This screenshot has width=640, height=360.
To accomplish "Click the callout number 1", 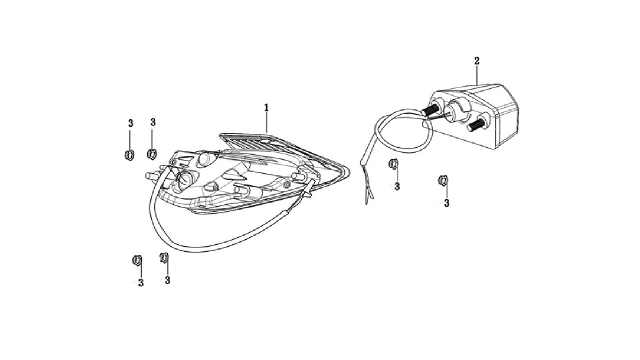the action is click(266, 108).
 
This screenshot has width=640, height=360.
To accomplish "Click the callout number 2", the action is click(477, 61).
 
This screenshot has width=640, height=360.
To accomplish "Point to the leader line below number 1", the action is click(266, 122).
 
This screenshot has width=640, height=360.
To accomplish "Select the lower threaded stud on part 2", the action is click(476, 125).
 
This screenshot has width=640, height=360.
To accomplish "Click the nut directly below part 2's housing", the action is click(443, 180).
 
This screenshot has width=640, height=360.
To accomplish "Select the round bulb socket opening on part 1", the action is click(184, 179).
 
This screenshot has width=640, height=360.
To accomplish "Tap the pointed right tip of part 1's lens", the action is click(349, 171).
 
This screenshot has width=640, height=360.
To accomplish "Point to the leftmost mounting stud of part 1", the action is click(153, 175).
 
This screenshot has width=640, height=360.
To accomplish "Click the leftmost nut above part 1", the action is click(130, 155).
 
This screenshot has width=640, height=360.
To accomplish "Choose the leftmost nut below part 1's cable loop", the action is click(137, 260).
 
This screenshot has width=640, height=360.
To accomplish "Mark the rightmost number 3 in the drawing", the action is click(446, 203).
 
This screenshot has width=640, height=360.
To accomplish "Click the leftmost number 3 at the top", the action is click(130, 123).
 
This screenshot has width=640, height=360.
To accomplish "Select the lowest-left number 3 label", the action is click(141, 283).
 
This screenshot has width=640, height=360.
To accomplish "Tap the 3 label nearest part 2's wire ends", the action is click(397, 187).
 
